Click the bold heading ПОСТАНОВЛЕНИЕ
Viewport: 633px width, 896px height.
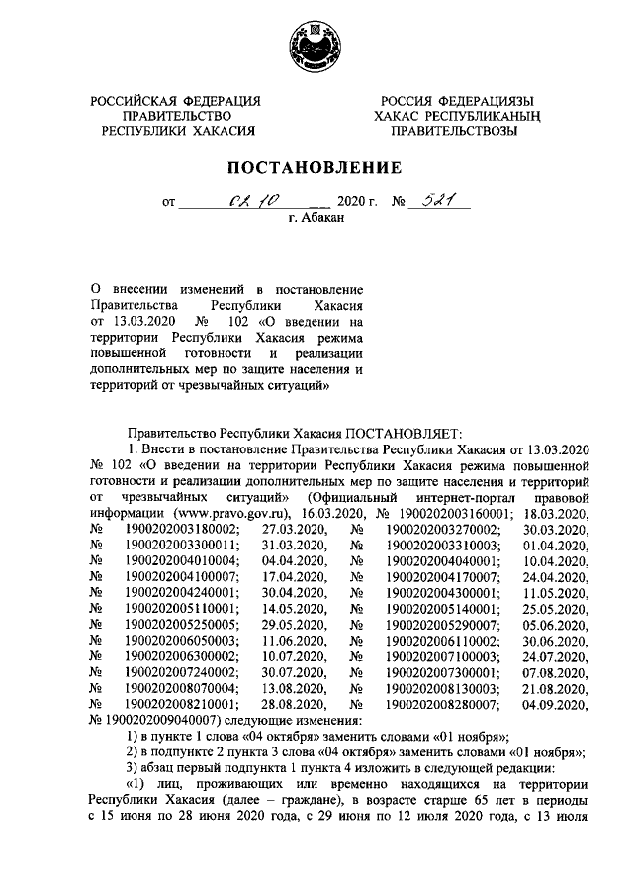pos(316,167)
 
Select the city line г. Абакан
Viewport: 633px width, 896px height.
pos(316,218)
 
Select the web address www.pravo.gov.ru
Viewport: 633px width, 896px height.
pos(227,514)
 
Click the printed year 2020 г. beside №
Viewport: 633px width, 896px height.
pos(359,201)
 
